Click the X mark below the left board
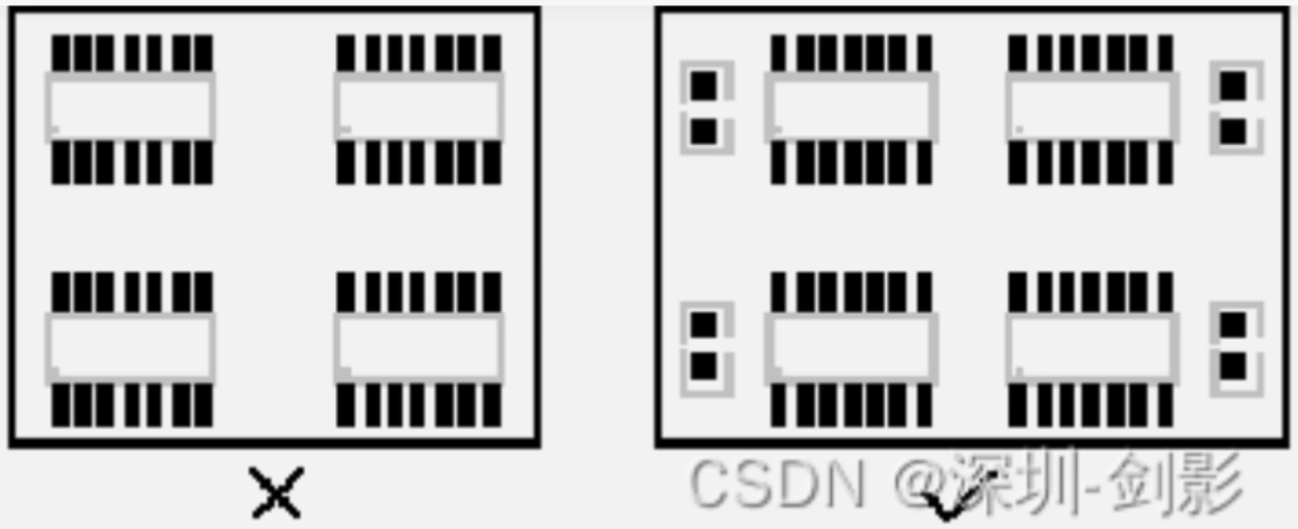276,493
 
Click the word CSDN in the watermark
776,482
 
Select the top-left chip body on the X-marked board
130,107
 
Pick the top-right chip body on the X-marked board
419,107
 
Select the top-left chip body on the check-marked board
852,107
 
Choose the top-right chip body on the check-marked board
1092,107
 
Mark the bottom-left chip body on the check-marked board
852,347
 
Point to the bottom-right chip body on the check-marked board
1092,347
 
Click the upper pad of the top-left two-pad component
704,85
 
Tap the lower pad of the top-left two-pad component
704,131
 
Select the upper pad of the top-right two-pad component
1233,85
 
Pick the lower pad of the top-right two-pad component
1233,131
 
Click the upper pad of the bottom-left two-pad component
704,324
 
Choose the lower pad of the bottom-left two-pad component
704,367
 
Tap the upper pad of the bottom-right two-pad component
1233,324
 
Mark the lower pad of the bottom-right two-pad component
1233,367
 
